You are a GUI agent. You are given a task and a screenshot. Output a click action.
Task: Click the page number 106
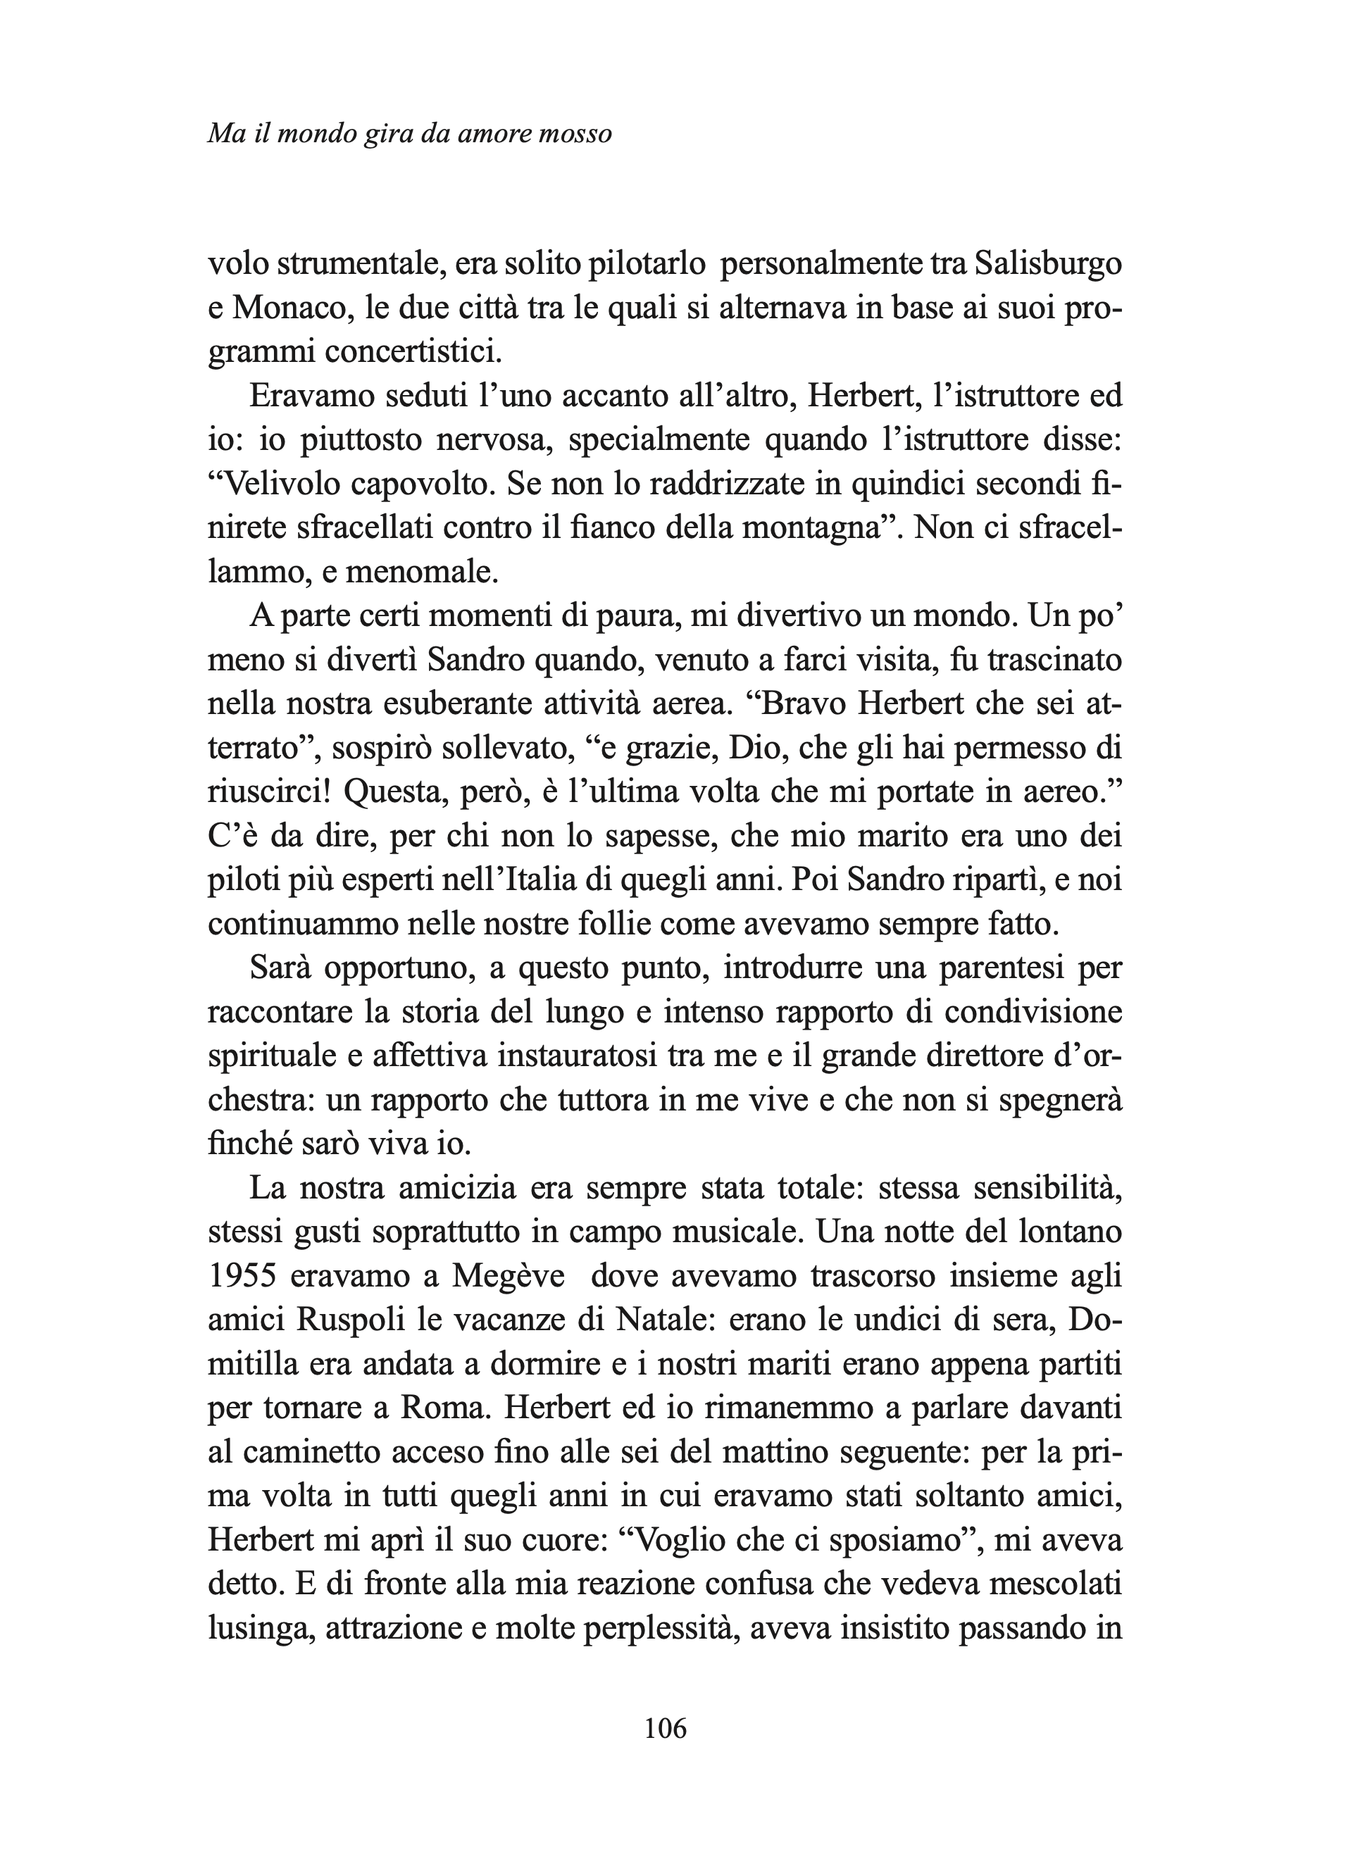pos(666,1729)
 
